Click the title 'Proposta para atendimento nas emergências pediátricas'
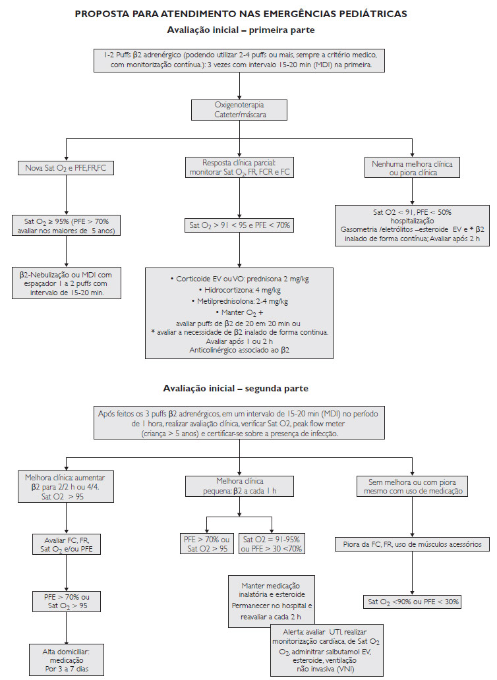[x=241, y=14]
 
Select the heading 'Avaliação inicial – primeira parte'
[x=241, y=30]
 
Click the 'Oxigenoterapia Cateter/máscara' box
[x=239, y=110]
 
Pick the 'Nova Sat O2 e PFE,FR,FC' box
[x=65, y=168]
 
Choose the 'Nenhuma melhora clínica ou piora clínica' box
[x=412, y=168]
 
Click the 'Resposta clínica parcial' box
[x=239, y=167]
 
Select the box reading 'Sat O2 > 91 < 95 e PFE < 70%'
[x=239, y=225]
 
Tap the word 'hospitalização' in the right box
[x=412, y=221]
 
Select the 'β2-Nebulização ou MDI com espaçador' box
[x=67, y=283]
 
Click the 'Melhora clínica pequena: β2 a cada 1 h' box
[x=239, y=486]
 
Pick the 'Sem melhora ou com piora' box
[x=413, y=486]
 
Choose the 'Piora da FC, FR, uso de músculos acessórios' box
[x=413, y=544]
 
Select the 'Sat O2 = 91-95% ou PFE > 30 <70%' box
[x=272, y=544]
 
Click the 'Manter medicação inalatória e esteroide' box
[x=272, y=602]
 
